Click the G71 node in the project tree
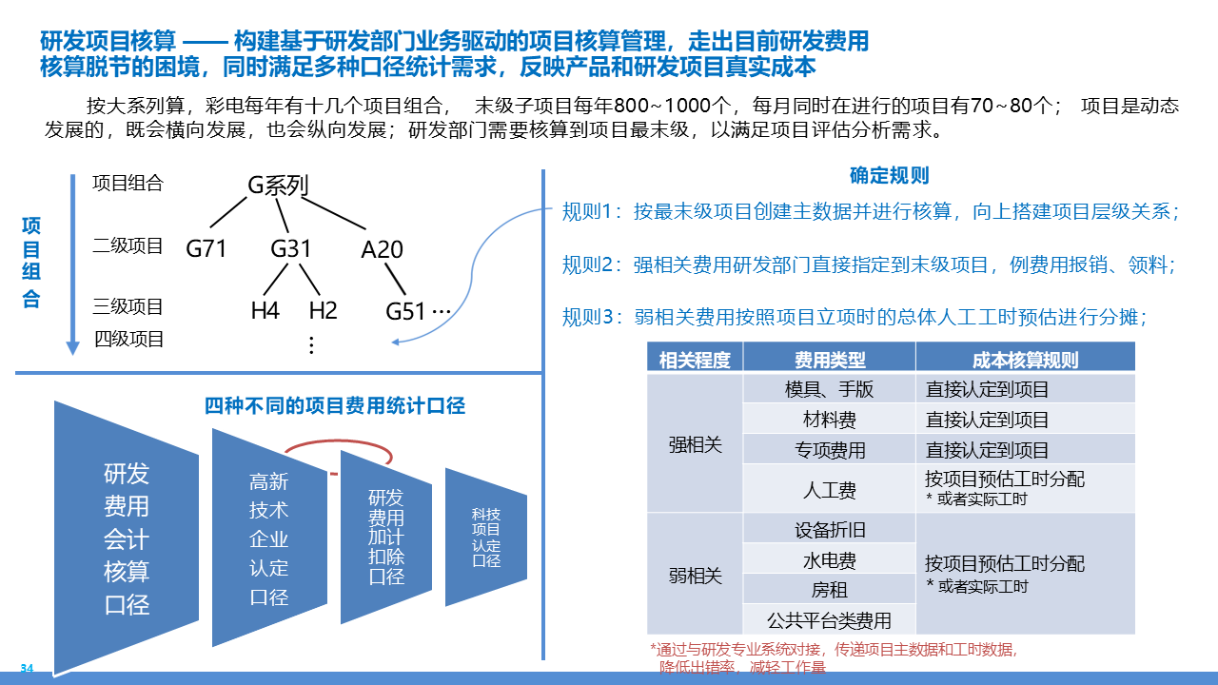[x=206, y=249]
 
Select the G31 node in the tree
[x=291, y=249]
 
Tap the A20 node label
[x=382, y=249]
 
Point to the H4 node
[x=265, y=310]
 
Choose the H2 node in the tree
[x=324, y=310]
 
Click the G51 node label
[x=406, y=310]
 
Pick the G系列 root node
[x=278, y=186]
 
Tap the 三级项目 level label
[x=128, y=306]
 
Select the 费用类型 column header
[x=830, y=359]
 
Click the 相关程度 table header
[x=695, y=359]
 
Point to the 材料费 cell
[x=830, y=420]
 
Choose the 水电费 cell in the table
[x=830, y=560]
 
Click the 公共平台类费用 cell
[x=830, y=621]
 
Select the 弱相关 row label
[x=696, y=576]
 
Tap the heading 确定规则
[x=889, y=176]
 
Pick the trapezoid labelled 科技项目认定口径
[x=486, y=538]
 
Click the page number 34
[x=27, y=668]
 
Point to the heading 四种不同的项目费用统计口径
[x=335, y=406]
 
